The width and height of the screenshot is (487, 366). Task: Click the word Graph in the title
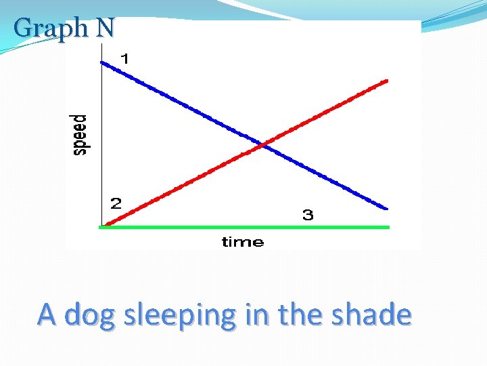51,28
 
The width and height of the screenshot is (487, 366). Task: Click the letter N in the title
105,28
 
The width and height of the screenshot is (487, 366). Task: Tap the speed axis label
80,135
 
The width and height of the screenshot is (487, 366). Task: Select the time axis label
243,242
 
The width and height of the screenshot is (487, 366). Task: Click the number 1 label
124,59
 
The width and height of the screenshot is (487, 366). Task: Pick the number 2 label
116,203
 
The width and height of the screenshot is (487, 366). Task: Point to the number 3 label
308,216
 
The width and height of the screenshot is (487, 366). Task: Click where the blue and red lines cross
262,144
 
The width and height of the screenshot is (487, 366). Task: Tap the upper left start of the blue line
102,62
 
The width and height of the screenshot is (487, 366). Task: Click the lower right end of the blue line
387,208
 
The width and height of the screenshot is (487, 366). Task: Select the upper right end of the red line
387,81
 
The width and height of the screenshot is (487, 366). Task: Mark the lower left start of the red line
108,224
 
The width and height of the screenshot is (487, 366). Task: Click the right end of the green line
389,227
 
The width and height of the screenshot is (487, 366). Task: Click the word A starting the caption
47,314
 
